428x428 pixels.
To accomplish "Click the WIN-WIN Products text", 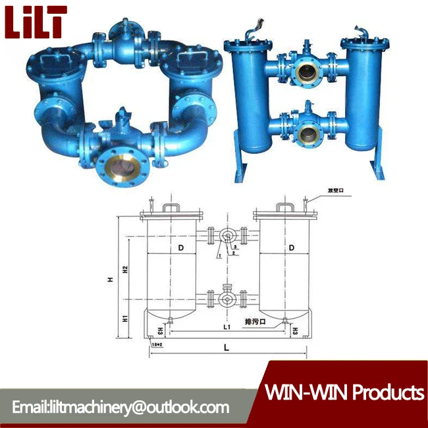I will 344,393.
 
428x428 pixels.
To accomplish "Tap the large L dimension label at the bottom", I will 226,346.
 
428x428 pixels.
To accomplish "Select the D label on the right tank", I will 290,248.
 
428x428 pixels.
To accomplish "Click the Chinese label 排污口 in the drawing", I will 254,322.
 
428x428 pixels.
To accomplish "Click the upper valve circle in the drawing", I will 226,236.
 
